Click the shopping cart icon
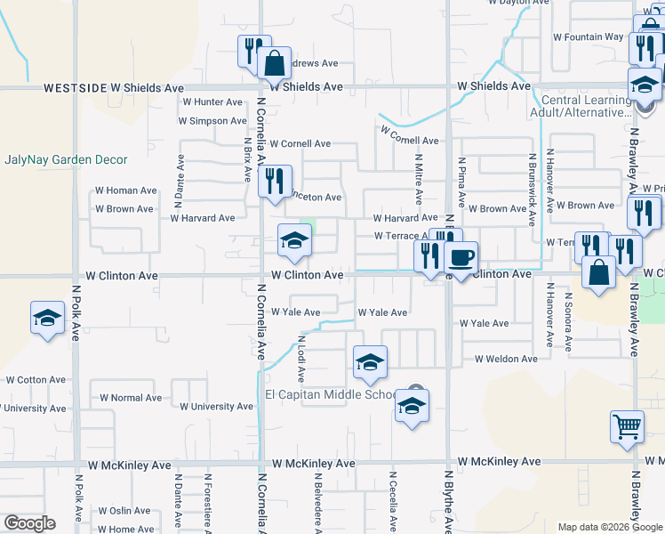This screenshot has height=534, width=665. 628,427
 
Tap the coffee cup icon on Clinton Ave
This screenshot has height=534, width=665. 461,259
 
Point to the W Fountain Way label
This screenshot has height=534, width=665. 588,37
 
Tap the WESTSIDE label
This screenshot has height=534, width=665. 68,88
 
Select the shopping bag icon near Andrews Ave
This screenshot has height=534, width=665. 274,63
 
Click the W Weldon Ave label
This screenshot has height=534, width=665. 506,359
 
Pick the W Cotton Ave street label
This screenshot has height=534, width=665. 36,379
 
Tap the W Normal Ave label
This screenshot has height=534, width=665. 131,398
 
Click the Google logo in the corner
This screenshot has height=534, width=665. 29,523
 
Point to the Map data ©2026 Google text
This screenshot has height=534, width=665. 610,527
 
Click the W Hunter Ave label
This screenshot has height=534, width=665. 212,102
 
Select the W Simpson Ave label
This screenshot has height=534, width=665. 212,121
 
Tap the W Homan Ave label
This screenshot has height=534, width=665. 126,190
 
